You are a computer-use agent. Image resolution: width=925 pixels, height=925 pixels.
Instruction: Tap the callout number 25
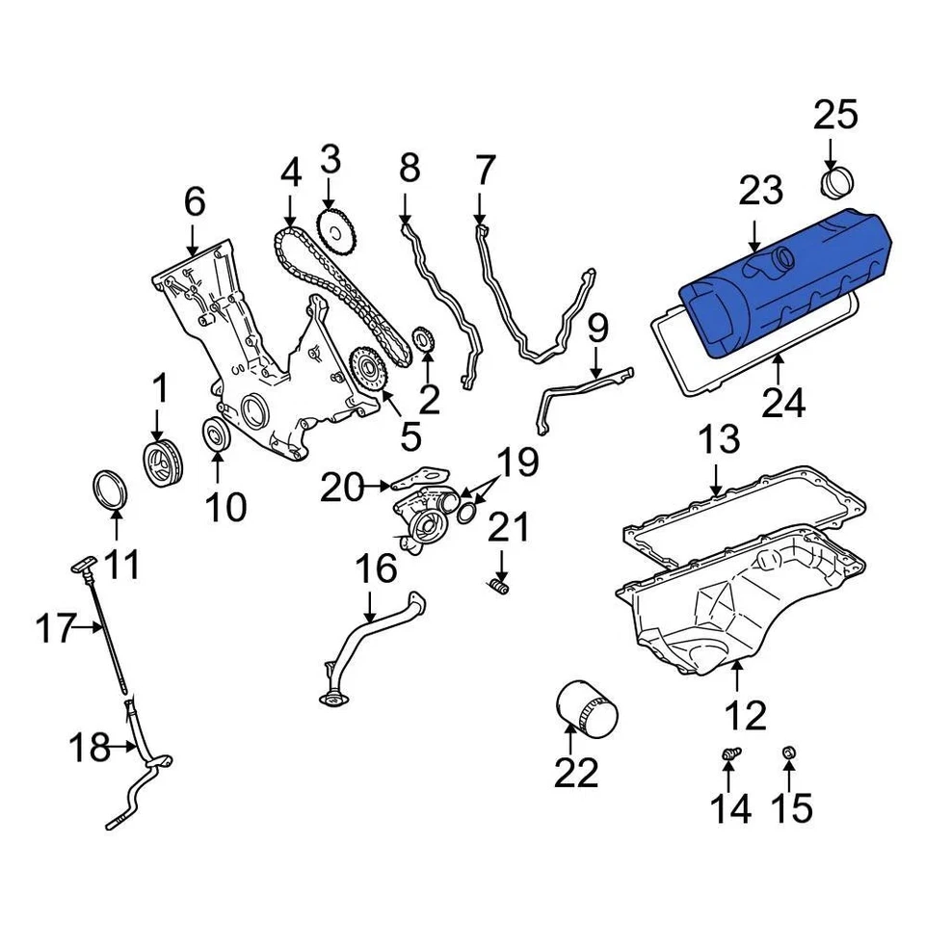coord(834,116)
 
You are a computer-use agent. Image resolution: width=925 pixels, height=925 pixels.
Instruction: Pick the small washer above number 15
coord(787,752)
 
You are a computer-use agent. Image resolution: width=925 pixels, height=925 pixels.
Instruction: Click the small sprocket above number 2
coord(422,339)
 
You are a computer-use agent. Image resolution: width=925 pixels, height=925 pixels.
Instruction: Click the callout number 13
coord(719,440)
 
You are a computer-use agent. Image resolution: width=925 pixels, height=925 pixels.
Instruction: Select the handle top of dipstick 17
coord(82,564)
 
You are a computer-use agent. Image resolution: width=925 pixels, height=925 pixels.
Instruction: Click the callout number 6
coord(195,202)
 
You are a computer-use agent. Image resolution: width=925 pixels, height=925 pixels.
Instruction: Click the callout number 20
coord(344,489)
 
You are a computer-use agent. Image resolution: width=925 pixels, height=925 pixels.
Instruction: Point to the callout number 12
coord(745,716)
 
